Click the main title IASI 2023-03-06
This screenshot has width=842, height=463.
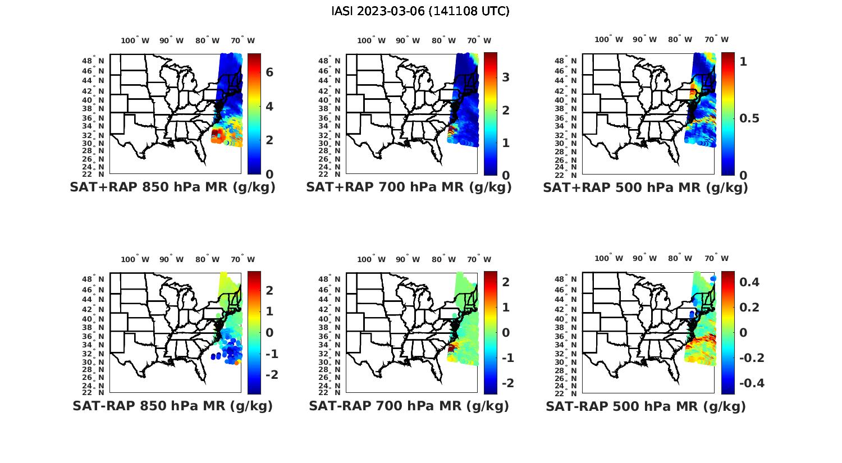pyautogui.click(x=420, y=11)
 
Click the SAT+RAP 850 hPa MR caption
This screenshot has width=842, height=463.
pyautogui.click(x=172, y=187)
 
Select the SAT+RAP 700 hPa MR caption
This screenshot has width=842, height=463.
pyautogui.click(x=409, y=187)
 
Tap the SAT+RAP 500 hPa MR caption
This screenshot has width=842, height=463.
pyautogui.click(x=646, y=187)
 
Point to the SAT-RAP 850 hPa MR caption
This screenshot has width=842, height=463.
pyautogui.click(x=172, y=406)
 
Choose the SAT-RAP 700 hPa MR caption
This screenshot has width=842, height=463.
pyautogui.click(x=409, y=406)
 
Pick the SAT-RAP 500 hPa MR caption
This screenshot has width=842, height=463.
pyautogui.click(x=646, y=406)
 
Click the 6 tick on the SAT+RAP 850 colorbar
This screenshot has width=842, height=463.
pyautogui.click(x=269, y=72)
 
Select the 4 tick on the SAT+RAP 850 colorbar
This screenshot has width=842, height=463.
pyautogui.click(x=269, y=106)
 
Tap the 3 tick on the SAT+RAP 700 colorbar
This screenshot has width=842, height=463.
pyautogui.click(x=506, y=77)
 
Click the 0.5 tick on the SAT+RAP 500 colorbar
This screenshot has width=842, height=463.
pyautogui.click(x=749, y=118)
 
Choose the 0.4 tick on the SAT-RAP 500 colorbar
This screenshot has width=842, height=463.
pyautogui.click(x=749, y=282)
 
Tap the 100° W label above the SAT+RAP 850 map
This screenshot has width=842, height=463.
pyautogui.click(x=135, y=40)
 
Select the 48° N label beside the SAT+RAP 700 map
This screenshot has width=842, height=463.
pyautogui.click(x=330, y=61)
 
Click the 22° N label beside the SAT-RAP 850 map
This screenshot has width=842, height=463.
pyautogui.click(x=93, y=392)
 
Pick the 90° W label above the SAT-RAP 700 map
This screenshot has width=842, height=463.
pyautogui.click(x=408, y=259)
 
